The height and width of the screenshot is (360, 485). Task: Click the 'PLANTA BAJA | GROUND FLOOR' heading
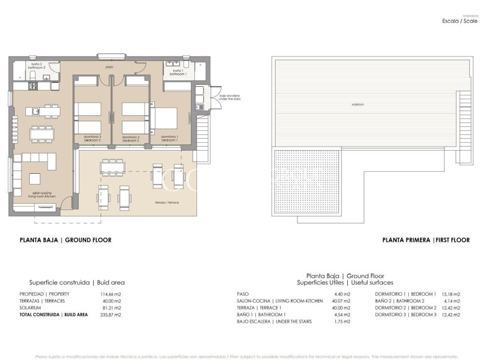click(65, 240)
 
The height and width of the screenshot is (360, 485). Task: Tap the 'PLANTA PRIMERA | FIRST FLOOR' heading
click(426, 240)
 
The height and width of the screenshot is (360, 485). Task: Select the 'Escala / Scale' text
click(460, 21)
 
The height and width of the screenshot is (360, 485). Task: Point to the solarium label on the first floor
click(357, 104)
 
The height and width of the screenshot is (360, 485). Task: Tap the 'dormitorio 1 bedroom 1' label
click(169, 138)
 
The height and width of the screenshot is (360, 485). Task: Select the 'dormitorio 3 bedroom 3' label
click(92, 138)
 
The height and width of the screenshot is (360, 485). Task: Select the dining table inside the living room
click(43, 133)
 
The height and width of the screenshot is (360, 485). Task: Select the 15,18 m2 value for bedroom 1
click(450, 294)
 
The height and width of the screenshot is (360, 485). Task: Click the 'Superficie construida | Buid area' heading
click(77, 282)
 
